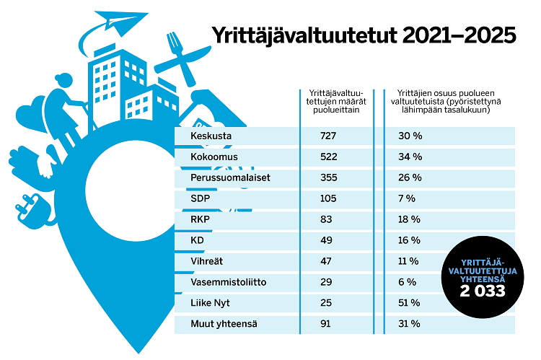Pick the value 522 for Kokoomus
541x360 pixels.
tap(329, 157)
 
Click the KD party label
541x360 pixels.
tap(197, 240)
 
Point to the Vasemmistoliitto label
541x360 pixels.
tap(229, 282)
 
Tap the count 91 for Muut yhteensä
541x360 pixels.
tap(326, 324)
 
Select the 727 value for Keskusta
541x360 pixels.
tap(329, 136)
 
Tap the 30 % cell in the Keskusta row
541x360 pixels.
tap(409, 136)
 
